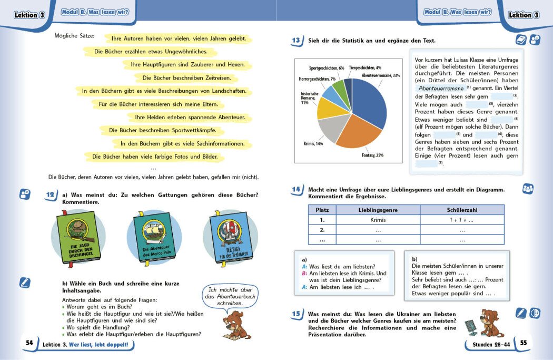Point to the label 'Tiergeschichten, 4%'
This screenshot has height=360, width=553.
[x=365, y=67]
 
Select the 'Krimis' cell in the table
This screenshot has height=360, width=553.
[x=378, y=220]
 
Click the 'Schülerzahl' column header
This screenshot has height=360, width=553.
[x=461, y=210]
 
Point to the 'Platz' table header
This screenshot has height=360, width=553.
[x=322, y=210]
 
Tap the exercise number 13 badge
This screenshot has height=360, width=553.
[x=296, y=41]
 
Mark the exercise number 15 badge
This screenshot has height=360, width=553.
[x=297, y=314]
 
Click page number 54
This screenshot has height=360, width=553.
[x=29, y=343]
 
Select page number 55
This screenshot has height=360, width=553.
[x=523, y=343]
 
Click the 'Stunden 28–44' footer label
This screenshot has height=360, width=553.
[x=488, y=343]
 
